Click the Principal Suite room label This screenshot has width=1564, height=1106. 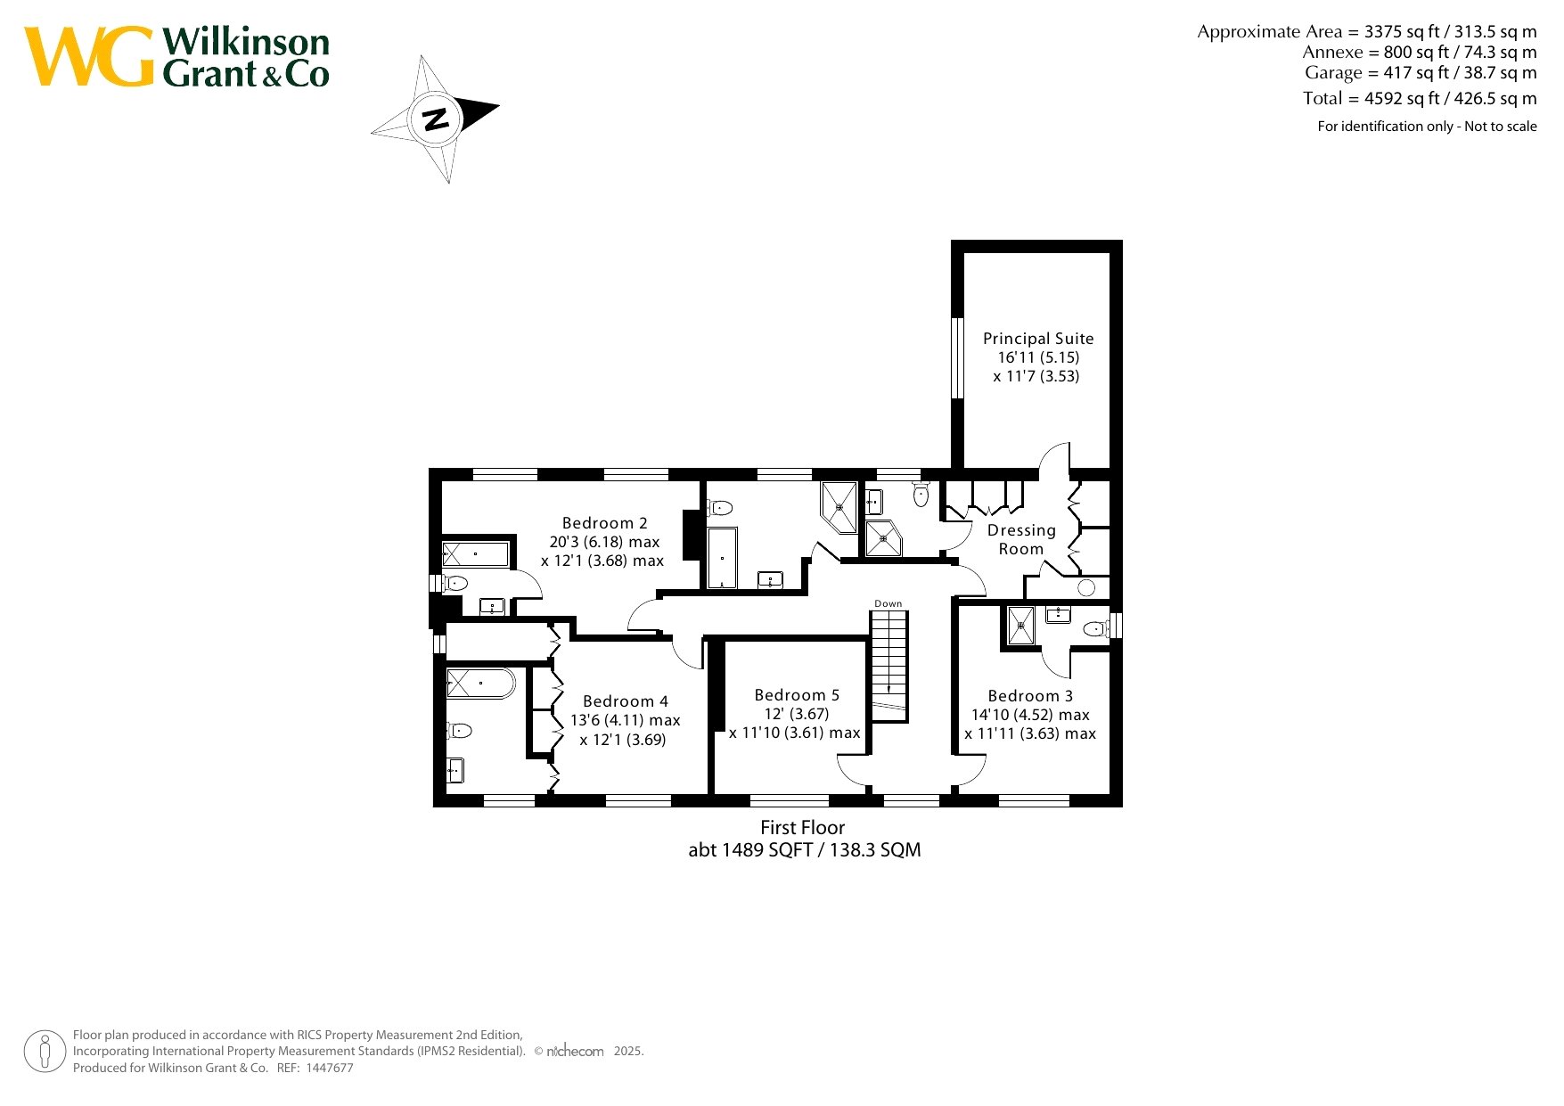click(1038, 339)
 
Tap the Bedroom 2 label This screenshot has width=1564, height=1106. click(605, 523)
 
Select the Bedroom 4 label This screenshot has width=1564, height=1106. click(626, 701)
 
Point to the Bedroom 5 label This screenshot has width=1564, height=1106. click(797, 695)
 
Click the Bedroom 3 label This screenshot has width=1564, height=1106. click(1030, 696)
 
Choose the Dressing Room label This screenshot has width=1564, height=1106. click(1021, 539)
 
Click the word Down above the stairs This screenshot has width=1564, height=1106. click(888, 603)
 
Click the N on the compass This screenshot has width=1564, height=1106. click(436, 119)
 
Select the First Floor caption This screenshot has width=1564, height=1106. click(802, 828)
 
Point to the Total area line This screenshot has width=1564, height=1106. click(1420, 98)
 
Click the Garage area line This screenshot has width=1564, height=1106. click(1421, 73)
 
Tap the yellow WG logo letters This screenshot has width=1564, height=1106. click(89, 56)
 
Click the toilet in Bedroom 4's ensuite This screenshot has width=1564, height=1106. click(458, 731)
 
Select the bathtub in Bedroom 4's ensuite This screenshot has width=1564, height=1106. click(480, 684)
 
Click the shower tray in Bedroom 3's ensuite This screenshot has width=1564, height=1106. click(1021, 625)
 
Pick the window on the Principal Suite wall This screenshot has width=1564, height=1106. click(957, 357)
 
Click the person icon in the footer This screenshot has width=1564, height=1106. click(45, 1052)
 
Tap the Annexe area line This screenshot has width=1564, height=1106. click(1420, 53)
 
